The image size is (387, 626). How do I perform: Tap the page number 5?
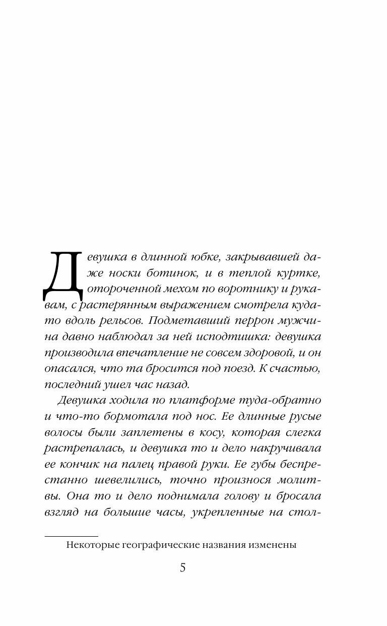click(x=182, y=568)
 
